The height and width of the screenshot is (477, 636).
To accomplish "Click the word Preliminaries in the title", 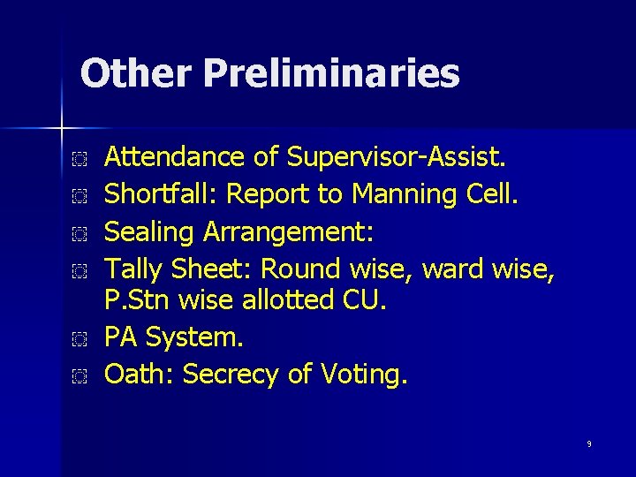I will pyautogui.click(x=331, y=74).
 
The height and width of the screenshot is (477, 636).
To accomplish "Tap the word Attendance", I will pyautogui.click(x=174, y=157).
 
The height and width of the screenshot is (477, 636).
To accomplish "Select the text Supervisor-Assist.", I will pyautogui.click(x=394, y=157).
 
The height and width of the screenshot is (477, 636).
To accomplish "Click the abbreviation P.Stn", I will pyautogui.click(x=137, y=302).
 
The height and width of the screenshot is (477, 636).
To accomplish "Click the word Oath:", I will pyautogui.click(x=140, y=375).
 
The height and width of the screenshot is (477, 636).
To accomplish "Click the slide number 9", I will pyautogui.click(x=588, y=443).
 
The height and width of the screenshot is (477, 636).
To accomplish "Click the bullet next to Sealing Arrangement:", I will pyautogui.click(x=79, y=232).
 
